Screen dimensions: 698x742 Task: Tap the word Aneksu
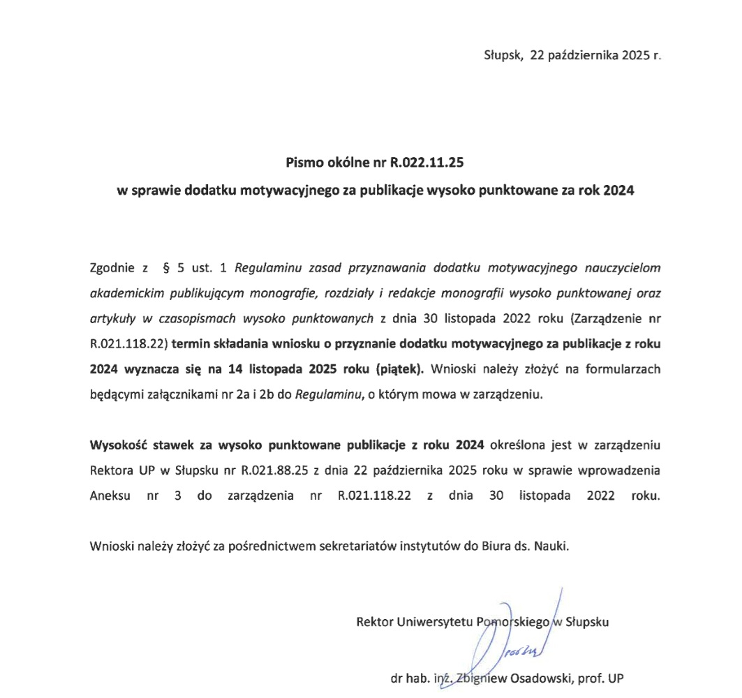point(108,496)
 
